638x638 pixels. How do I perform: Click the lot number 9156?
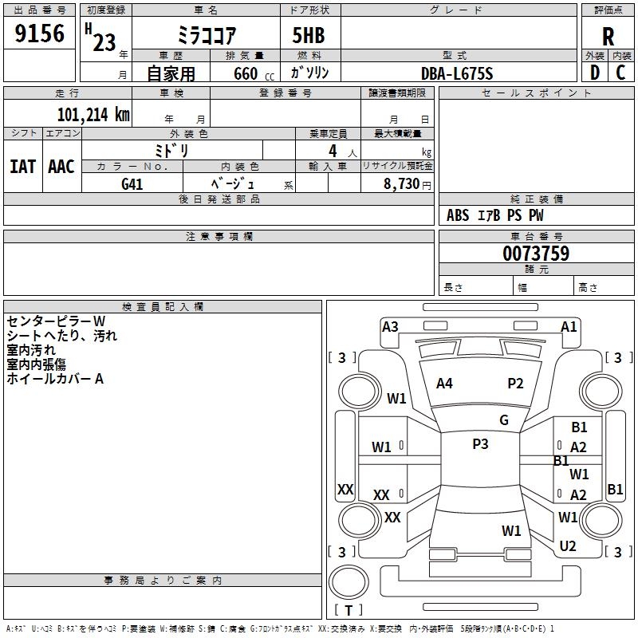click(x=39, y=33)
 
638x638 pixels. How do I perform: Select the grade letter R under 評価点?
click(x=608, y=37)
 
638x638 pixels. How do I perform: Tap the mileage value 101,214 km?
click(x=93, y=115)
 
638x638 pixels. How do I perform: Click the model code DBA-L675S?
click(x=457, y=73)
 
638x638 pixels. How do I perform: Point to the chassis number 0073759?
click(x=536, y=254)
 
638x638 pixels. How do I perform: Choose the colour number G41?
click(x=132, y=184)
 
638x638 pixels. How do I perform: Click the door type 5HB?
click(x=309, y=35)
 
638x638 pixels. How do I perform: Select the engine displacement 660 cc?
click(x=254, y=73)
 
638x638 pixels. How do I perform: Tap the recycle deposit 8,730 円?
click(x=408, y=184)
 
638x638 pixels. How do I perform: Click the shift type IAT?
click(x=23, y=167)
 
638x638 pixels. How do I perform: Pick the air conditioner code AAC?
click(x=61, y=167)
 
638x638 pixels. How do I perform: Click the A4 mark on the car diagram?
click(x=444, y=384)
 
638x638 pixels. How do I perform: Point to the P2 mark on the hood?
click(x=515, y=384)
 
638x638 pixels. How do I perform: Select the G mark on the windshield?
click(x=504, y=420)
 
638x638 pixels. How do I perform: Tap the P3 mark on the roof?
click(x=480, y=444)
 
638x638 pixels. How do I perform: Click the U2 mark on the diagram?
click(x=568, y=546)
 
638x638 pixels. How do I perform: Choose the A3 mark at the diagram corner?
click(x=390, y=327)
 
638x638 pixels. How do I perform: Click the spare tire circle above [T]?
click(x=349, y=582)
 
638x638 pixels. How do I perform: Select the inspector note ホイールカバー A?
click(x=55, y=379)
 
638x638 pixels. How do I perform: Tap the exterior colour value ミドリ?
click(x=171, y=151)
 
